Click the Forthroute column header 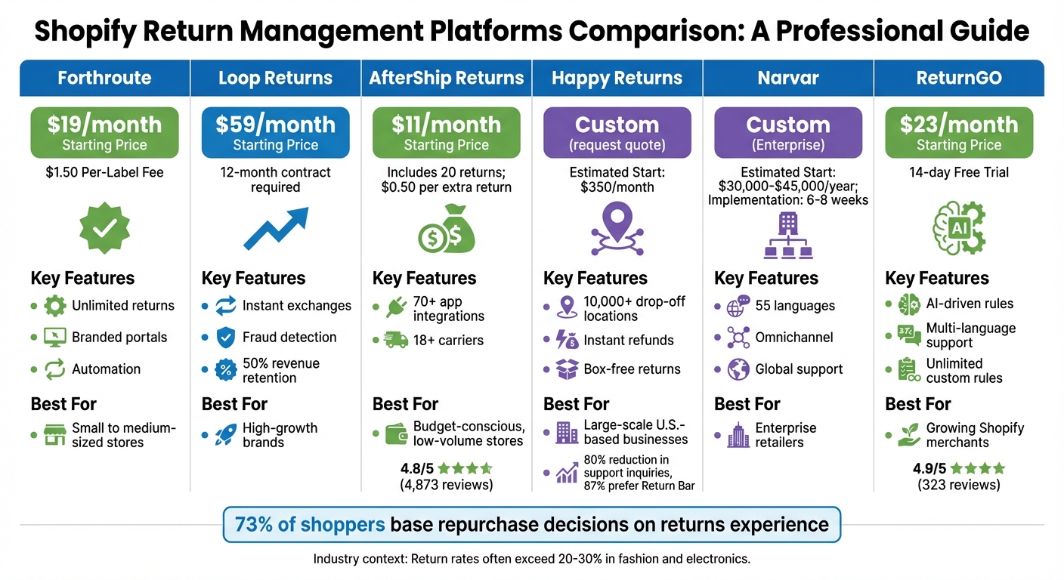(104, 78)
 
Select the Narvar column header (787, 78)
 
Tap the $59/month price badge (275, 132)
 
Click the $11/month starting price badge (446, 132)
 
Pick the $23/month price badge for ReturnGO (958, 132)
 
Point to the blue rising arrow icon (275, 229)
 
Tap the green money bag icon (446, 230)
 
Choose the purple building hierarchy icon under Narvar (787, 235)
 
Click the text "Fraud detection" (289, 338)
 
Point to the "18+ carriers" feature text (448, 341)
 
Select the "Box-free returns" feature (632, 369)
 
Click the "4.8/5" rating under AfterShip (417, 468)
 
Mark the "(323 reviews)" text (958, 485)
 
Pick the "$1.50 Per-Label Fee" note (104, 172)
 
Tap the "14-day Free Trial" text (958, 172)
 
